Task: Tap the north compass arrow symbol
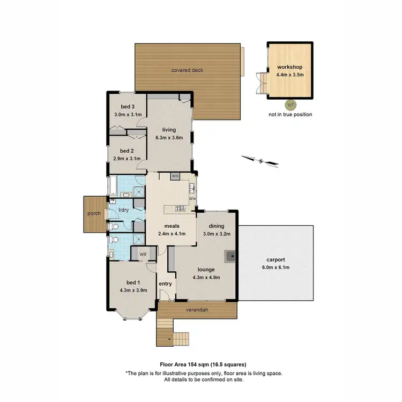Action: click(x=260, y=160)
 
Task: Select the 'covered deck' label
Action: click(x=187, y=70)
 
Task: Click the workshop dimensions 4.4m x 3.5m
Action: click(x=290, y=75)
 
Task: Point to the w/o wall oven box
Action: click(x=175, y=176)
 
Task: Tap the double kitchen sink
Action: click(x=192, y=188)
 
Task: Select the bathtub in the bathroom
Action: click(x=112, y=185)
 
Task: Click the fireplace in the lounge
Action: click(x=230, y=256)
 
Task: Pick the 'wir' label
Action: click(x=143, y=254)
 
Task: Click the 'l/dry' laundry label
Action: click(x=123, y=210)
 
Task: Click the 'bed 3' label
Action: click(x=127, y=107)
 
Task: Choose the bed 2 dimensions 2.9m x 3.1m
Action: click(x=127, y=159)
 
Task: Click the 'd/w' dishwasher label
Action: click(x=192, y=199)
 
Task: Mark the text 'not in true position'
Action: click(x=290, y=115)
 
